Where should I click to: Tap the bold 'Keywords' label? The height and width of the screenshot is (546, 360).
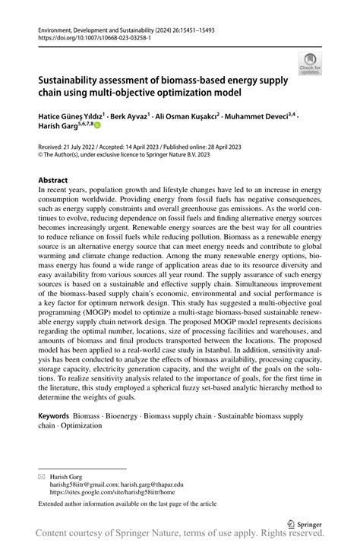54,417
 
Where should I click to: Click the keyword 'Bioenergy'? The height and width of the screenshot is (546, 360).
125,417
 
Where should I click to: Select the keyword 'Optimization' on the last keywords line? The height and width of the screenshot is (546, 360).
81,426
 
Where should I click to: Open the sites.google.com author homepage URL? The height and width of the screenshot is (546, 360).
104,491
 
